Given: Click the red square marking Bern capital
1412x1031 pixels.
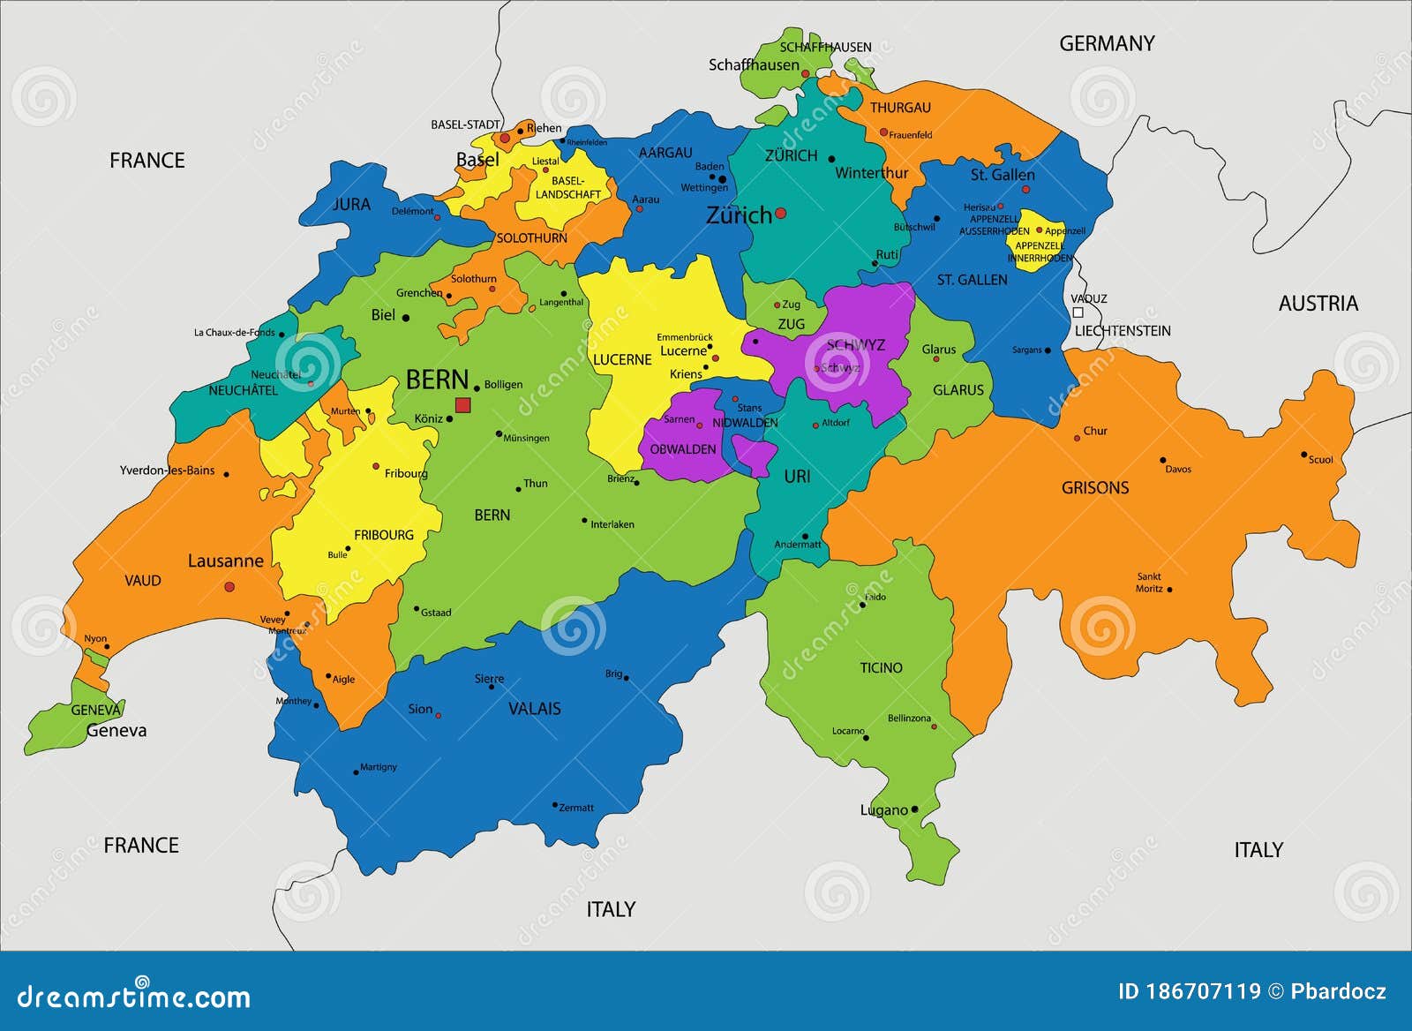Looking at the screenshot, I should [x=462, y=405].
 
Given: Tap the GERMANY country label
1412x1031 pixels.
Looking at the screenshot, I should [x=1107, y=43].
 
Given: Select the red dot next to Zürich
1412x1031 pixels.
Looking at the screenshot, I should [x=780, y=214].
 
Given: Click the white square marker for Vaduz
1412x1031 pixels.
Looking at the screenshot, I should [x=1078, y=312].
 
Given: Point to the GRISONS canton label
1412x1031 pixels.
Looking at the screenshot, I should [x=1094, y=487].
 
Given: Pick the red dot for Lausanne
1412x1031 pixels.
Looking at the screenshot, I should [x=229, y=586].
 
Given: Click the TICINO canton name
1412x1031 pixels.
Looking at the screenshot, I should [x=881, y=667].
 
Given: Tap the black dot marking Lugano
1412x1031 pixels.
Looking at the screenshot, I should [x=914, y=809].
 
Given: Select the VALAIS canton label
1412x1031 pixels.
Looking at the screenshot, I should [x=534, y=708].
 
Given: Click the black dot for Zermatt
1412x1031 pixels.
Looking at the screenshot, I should [x=555, y=805].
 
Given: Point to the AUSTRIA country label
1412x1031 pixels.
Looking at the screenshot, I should [x=1318, y=304].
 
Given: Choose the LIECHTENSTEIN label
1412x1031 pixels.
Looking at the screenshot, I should [x=1122, y=331].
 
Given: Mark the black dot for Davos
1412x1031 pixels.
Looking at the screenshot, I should [x=1163, y=460].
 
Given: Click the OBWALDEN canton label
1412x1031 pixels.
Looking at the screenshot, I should [x=683, y=449].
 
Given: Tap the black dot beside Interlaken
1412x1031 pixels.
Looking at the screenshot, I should [x=584, y=521].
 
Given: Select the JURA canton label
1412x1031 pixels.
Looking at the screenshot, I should [x=351, y=204].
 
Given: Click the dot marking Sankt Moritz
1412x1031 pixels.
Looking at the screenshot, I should [x=1170, y=590].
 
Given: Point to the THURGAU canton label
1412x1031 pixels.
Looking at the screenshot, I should [x=900, y=108].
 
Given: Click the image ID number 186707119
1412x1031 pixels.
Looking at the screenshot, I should [x=1203, y=991].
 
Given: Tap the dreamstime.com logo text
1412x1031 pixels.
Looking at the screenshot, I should [x=134, y=997].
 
